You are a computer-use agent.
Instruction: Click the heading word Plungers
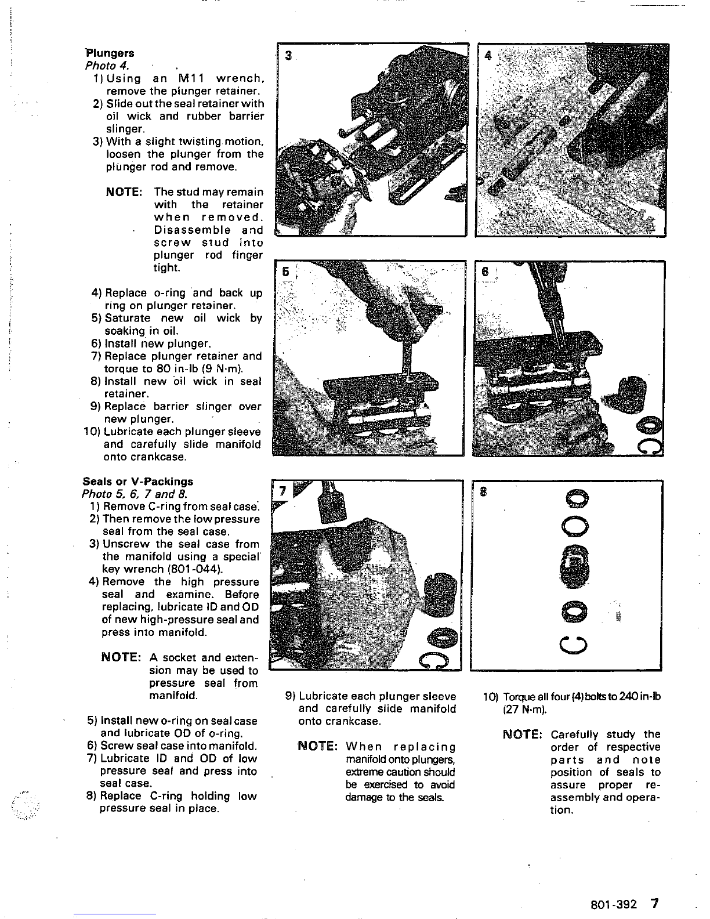tap(110, 53)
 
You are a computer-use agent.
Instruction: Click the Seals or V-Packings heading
tap(137, 482)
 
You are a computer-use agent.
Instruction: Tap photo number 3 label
tap(288, 56)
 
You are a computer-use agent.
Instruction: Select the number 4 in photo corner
tap(488, 56)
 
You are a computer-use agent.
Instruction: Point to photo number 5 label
tap(286, 272)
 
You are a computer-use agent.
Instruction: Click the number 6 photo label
tap(485, 272)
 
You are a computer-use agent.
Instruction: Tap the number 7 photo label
tap(282, 491)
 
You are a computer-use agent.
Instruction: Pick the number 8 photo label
tap(483, 491)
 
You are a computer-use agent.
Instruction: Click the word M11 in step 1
tap(191, 79)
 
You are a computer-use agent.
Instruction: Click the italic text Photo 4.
tap(107, 66)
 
